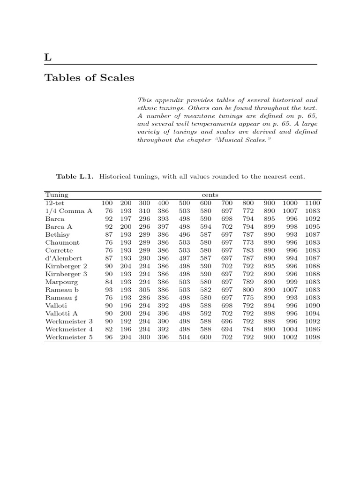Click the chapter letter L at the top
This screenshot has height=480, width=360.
(x=47, y=58)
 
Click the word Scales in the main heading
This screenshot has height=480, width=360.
(x=116, y=78)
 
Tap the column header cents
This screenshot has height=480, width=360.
(x=210, y=195)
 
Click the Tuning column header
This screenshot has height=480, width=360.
(x=57, y=195)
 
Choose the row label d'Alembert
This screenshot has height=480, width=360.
(x=63, y=258)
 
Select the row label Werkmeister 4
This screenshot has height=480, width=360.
(x=69, y=329)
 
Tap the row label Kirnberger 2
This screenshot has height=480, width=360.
(x=67, y=266)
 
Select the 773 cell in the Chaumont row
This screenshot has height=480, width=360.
(x=247, y=242)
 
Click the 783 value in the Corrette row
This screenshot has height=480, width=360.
(x=247, y=250)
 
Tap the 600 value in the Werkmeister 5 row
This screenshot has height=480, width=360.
(x=206, y=337)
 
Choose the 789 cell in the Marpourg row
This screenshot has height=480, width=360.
(x=247, y=282)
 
